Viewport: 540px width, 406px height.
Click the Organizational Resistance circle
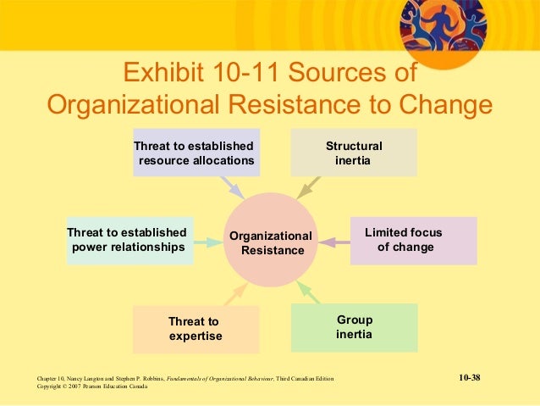(270, 241)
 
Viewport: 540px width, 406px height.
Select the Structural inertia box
(354, 153)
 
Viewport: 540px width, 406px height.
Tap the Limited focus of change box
(413, 241)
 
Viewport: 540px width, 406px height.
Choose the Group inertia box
(354, 327)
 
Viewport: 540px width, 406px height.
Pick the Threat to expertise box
(196, 329)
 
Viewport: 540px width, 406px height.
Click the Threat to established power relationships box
(128, 241)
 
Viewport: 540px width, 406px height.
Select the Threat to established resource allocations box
(196, 153)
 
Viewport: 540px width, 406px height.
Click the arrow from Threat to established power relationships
(206, 242)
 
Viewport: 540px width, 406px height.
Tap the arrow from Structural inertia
(308, 186)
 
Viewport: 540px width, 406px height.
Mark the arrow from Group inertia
(308, 293)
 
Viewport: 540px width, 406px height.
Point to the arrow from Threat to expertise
(234, 294)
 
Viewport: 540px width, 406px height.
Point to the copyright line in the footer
(93, 387)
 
